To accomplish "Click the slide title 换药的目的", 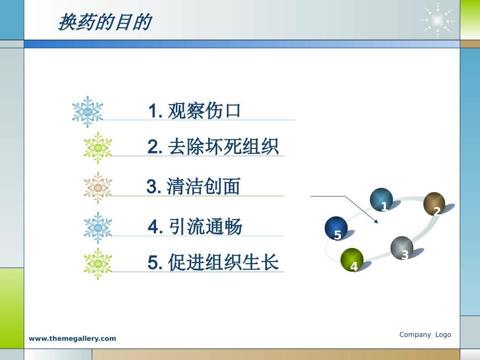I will click(105, 22).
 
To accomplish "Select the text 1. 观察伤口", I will click(195, 111).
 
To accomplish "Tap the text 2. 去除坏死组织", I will click(213, 147).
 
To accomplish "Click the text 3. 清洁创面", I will click(194, 187).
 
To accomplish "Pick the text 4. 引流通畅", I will click(196, 227).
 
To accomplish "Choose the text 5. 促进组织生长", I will click(213, 263).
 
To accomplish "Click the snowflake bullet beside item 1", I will click(87, 111).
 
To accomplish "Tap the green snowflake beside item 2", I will click(98, 147).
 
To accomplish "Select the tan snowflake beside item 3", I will click(98, 188).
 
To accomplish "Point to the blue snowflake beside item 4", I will click(98, 228).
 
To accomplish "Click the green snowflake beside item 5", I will click(98, 264).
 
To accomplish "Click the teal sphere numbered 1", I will click(381, 200).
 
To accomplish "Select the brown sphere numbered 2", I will click(434, 204).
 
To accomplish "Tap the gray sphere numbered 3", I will click(402, 248).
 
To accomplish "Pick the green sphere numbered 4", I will click(352, 260).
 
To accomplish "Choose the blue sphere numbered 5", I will click(336, 228).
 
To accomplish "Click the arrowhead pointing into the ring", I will click(375, 221).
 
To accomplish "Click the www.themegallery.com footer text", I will click(72, 339).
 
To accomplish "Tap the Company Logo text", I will click(425, 335).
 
